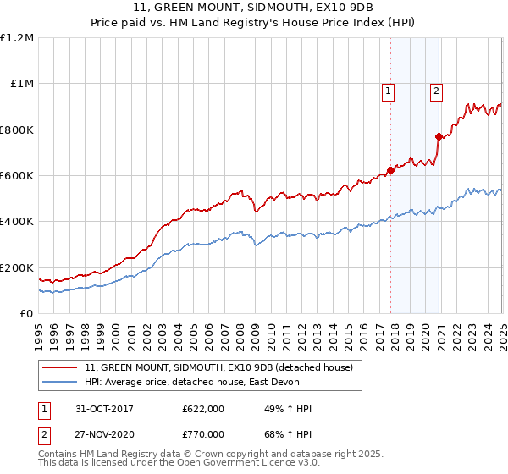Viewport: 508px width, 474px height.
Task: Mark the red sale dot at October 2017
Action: (x=390, y=170)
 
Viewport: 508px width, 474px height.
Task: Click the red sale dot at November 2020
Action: (x=439, y=136)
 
